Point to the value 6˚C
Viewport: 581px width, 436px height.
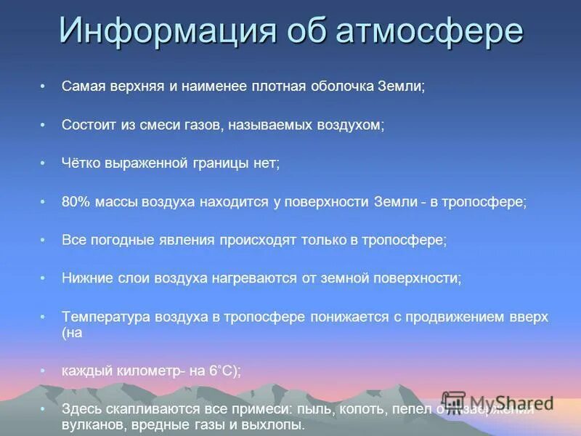tap(222, 370)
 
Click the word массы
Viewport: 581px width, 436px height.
tap(118, 202)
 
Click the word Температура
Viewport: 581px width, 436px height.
tap(106, 318)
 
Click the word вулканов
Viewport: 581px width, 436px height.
tap(89, 424)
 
